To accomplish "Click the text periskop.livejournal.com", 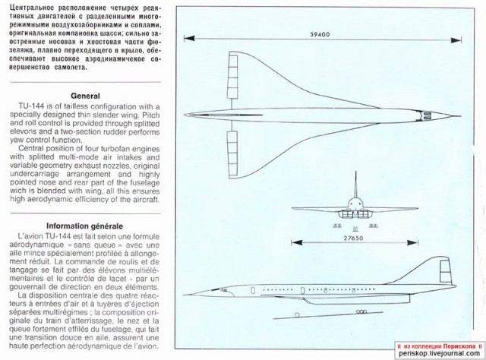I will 438,353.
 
